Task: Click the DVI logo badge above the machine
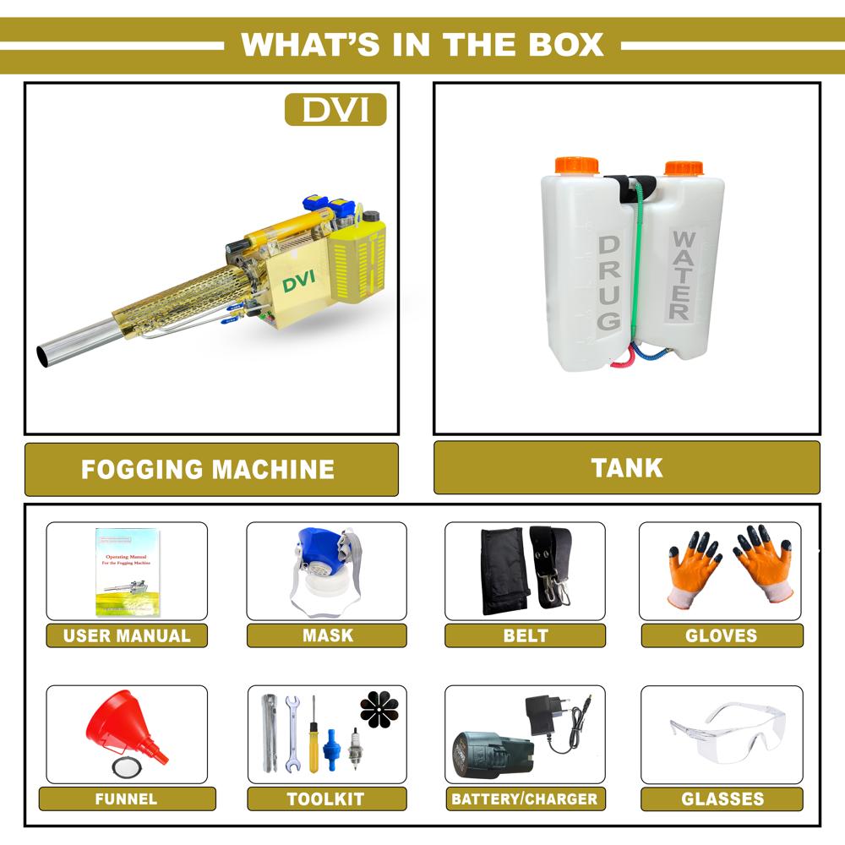(x=335, y=110)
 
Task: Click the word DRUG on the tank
(x=610, y=283)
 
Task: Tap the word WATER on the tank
(x=682, y=274)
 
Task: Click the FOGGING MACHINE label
(x=208, y=469)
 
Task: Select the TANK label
(x=627, y=467)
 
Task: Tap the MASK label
(x=328, y=635)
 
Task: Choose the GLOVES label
(x=721, y=635)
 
